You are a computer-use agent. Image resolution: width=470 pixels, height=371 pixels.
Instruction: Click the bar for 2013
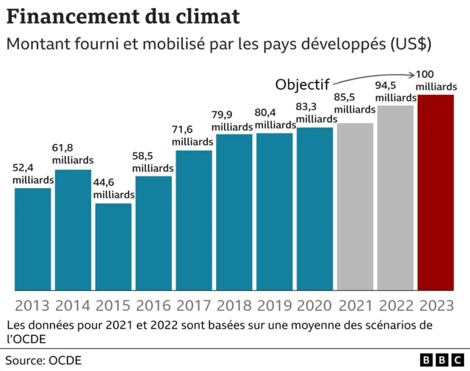coord(33,239)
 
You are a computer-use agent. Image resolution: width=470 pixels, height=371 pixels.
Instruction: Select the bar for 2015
coord(114,246)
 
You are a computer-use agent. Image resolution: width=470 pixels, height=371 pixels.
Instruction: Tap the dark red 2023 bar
coord(435,192)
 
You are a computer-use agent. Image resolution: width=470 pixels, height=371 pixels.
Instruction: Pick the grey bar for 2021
coord(355,206)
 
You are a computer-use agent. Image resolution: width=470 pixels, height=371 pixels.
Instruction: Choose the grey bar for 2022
coord(395,198)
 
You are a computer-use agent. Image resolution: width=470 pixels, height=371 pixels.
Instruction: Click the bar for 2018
coord(234,212)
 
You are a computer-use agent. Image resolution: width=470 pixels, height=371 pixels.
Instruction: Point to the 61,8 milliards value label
coord(73,154)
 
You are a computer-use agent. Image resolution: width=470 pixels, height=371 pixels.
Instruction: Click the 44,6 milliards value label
coord(113,188)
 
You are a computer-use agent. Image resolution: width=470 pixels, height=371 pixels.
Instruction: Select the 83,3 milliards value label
coord(316,112)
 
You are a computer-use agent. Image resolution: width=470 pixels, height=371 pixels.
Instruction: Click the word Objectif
coord(303,84)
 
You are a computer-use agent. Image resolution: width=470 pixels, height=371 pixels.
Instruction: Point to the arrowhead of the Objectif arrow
coord(412,74)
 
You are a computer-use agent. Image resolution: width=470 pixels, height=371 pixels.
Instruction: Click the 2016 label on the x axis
coord(153,305)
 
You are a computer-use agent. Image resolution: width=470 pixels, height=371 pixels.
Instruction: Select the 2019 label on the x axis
coord(275,305)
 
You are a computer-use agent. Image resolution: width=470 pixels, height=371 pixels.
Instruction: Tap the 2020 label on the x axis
coord(315,305)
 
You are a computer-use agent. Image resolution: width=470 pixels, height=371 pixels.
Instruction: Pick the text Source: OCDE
coord(43,360)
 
